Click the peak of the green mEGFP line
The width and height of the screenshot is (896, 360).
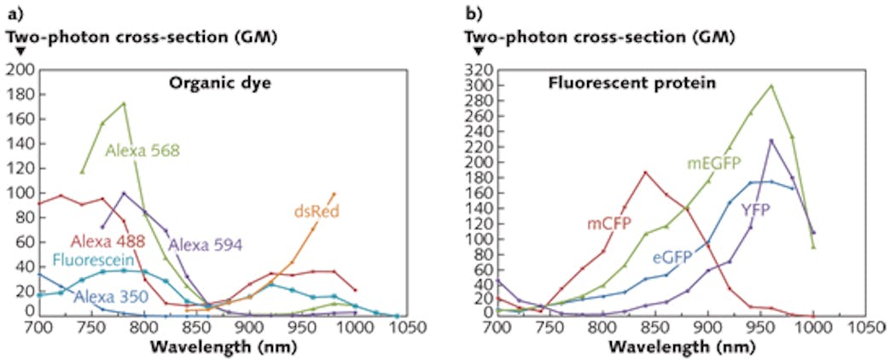(771, 85)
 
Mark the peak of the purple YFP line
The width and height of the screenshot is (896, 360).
(771, 140)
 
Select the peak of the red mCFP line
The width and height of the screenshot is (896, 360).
(644, 172)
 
